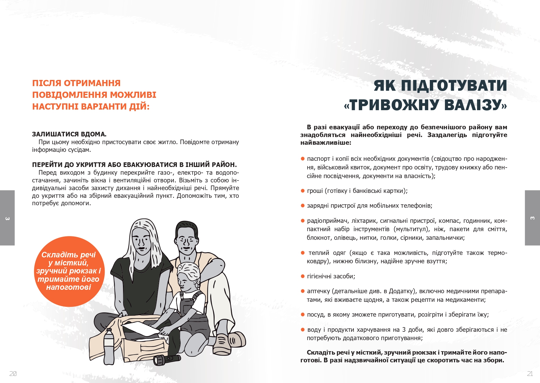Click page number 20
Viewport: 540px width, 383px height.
pos(13,374)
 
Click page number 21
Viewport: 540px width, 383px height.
pos(530,374)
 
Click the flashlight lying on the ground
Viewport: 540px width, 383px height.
pos(167,359)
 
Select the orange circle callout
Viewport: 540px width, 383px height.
pos(69,271)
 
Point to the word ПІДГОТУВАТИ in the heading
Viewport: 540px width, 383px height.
pos(454,85)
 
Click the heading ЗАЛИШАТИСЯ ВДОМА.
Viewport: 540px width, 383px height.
pos(69,134)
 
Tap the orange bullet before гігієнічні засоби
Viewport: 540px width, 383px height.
pos(303,276)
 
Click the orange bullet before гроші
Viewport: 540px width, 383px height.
pos(303,191)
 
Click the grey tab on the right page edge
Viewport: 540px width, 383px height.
pos(532,218)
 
